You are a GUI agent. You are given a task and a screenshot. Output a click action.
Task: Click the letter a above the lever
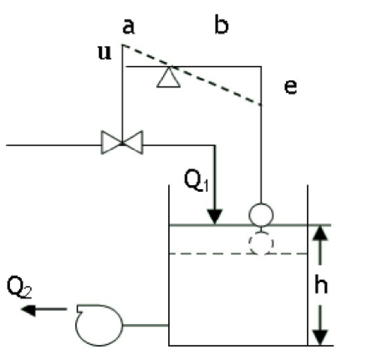129,27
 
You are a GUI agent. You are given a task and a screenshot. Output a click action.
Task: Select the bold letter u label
105,53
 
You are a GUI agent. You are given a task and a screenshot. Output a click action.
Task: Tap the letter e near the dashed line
290,86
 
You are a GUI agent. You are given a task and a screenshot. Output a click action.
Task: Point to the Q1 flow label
197,181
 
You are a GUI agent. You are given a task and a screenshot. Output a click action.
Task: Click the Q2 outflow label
19,286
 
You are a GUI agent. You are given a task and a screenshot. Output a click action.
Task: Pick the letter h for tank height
321,284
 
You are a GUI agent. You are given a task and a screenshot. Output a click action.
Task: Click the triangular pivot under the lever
168,77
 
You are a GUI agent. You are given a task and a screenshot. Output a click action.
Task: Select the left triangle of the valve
111,142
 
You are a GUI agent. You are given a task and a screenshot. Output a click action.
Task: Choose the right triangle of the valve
133,142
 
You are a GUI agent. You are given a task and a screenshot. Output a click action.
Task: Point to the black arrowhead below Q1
215,217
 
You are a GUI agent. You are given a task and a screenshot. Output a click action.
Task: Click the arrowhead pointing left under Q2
28,310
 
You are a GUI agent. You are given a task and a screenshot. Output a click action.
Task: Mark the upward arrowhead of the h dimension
320,233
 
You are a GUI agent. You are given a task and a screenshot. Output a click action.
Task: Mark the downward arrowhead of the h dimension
320,337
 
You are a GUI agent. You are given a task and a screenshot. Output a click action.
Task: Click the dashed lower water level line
238,254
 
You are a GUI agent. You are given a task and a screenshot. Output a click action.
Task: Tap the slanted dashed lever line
192,75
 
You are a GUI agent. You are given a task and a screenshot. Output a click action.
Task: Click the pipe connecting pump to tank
146,325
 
